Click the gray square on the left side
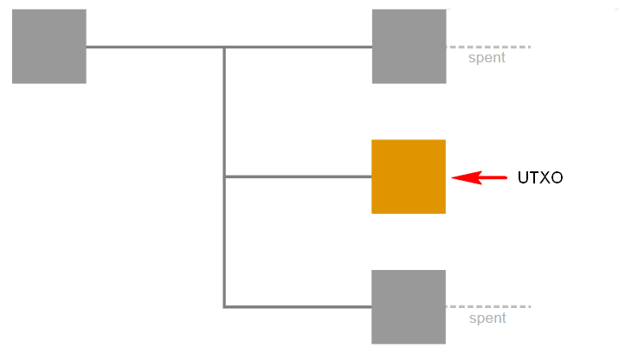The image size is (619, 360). (49, 46)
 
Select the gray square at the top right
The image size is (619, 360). (409, 46)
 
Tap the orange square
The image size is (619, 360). (409, 177)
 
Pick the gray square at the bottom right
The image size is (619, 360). (409, 306)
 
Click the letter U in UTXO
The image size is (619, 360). (523, 177)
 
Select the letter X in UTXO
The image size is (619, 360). (545, 177)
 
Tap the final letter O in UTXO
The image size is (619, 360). (557, 177)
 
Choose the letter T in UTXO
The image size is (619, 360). (534, 177)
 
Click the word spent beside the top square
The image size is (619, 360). (487, 58)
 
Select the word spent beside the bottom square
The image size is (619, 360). (487, 318)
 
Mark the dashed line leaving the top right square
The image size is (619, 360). (489, 47)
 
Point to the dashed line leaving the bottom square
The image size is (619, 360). (488, 306)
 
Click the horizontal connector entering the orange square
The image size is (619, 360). (299, 177)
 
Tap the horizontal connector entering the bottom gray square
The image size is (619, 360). (299, 306)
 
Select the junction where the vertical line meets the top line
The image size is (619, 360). (224, 47)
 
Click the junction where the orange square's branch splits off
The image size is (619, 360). (224, 177)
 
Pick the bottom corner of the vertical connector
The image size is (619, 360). (224, 306)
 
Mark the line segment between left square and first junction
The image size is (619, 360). (154, 47)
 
